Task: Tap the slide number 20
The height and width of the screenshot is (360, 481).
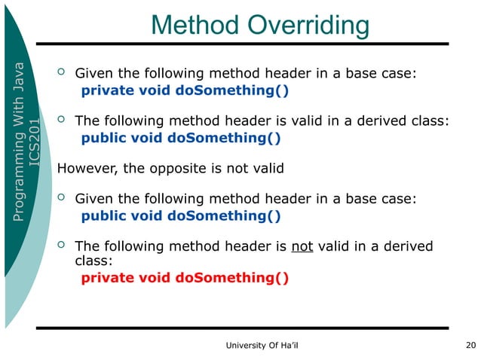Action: click(471, 346)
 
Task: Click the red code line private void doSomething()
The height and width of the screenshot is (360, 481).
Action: click(185, 278)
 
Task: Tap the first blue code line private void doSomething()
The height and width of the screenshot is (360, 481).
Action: click(185, 91)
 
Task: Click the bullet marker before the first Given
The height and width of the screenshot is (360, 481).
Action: click(63, 73)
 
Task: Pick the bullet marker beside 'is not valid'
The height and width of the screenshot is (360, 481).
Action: click(63, 246)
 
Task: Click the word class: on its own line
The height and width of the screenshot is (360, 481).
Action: click(94, 261)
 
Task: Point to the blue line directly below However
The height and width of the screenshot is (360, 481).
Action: click(181, 216)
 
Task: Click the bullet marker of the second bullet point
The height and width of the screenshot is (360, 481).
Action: click(63, 120)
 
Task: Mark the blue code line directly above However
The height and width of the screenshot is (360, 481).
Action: click(181, 138)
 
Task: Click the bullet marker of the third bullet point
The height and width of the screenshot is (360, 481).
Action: click(63, 198)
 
